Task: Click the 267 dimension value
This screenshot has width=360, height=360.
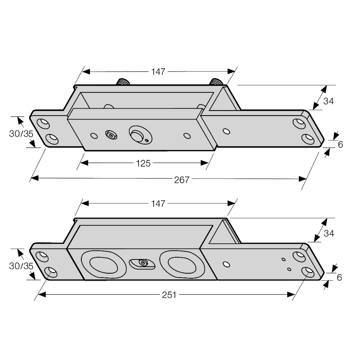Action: coord(181,180)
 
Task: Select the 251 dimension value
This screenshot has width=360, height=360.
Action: coord(169,295)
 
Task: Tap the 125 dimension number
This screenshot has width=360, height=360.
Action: coord(143,163)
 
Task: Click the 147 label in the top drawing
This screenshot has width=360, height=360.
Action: coord(158,72)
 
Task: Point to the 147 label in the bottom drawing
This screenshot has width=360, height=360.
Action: coord(158,204)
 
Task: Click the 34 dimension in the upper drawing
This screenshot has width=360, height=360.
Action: coord(328,101)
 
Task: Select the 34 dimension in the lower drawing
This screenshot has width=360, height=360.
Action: coord(329,233)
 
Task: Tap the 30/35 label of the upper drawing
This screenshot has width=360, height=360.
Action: coord(21,134)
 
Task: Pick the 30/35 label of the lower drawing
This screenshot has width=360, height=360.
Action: coord(21,266)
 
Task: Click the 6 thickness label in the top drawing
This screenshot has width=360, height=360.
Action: coord(341,145)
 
